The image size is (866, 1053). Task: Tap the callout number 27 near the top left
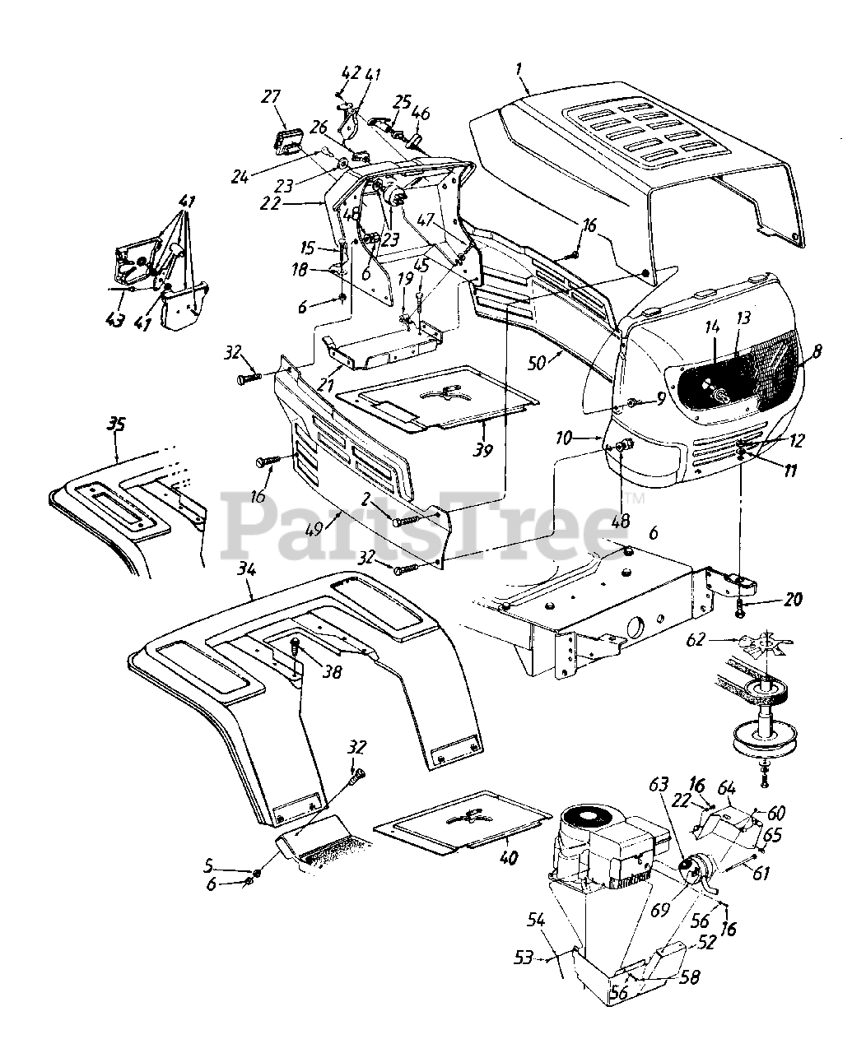pyautogui.click(x=271, y=97)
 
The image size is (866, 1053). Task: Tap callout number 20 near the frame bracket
pyautogui.click(x=793, y=600)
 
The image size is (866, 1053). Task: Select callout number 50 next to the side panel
pyautogui.click(x=538, y=362)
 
